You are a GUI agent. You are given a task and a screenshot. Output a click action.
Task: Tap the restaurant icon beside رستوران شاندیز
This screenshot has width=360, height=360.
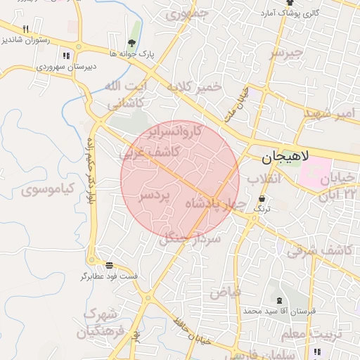pyautogui.click(x=26, y=30)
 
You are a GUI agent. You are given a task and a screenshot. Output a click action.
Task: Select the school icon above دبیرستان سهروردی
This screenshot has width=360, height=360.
pyautogui.click(x=67, y=56)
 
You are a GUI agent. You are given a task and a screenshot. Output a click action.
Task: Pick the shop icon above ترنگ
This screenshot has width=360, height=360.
pyautogui.click(x=262, y=199)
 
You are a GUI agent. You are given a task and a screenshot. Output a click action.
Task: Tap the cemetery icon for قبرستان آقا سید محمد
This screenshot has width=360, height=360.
pyautogui.click(x=280, y=301)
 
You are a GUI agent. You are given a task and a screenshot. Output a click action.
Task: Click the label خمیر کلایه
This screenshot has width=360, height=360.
pyautogui.click(x=193, y=87)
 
